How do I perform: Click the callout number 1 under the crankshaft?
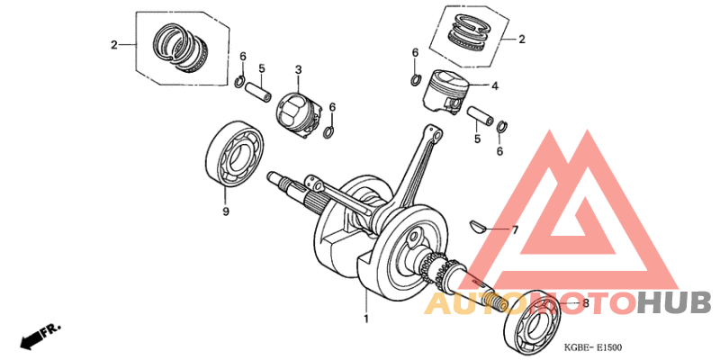coord(366,319)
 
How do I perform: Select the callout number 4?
coord(494,86)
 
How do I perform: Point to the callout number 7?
coord(516,230)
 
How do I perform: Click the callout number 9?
coord(226,211)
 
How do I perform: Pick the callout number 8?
coord(586,304)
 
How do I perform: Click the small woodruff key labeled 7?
coord(481,223)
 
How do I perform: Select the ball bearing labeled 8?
coord(534,319)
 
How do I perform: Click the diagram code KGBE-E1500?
coord(592,346)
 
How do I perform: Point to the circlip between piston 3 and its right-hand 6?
coord(329,130)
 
